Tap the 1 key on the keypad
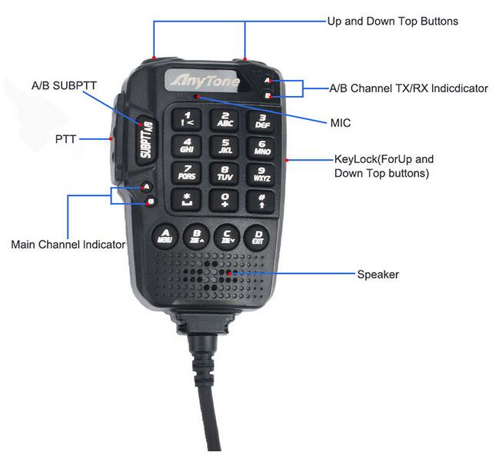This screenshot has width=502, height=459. tap(188, 119)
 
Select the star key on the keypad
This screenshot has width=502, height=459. tap(187, 201)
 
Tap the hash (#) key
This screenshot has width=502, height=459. tap(261, 201)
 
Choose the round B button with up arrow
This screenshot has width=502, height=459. tap(196, 236)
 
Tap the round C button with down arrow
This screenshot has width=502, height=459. tap(227, 236)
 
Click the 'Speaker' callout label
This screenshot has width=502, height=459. tap(378, 274)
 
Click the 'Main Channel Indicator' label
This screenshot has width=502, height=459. tap(68, 244)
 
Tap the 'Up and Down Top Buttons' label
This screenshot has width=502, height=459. tap(393, 21)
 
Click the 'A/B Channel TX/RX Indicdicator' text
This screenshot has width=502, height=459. tap(408, 88)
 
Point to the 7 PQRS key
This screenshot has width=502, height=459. tap(187, 173)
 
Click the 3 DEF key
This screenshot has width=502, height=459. tap(262, 119)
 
